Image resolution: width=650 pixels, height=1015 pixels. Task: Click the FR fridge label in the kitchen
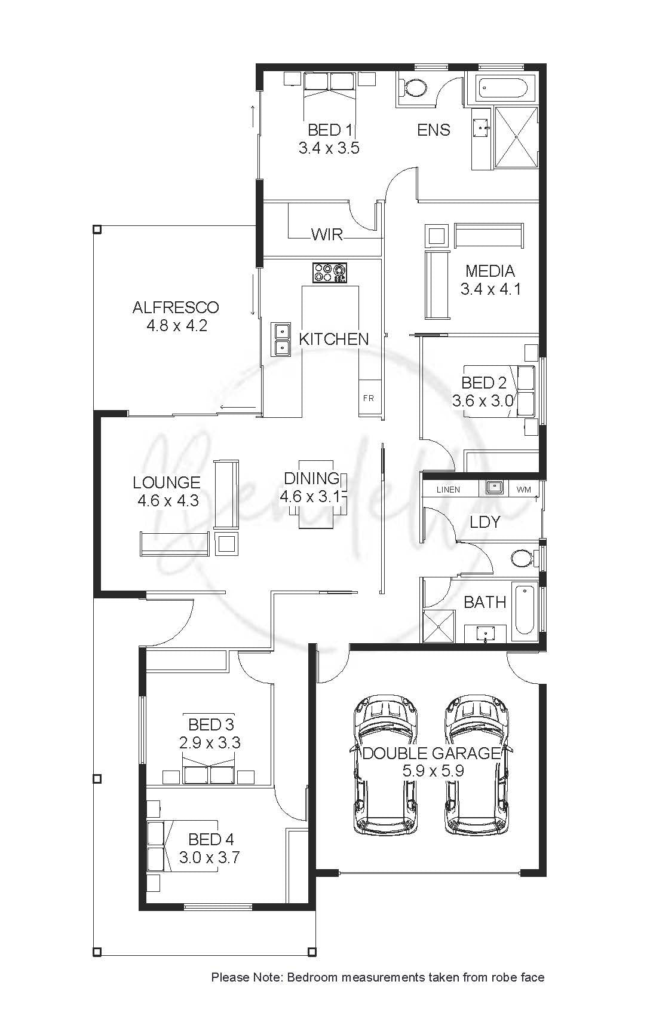[x=368, y=398]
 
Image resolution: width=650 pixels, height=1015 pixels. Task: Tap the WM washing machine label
[x=523, y=490]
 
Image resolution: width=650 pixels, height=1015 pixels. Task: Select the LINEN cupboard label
[x=448, y=490]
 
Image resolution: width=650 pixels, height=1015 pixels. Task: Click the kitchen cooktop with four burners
[x=330, y=273]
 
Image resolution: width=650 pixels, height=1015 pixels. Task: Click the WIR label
[x=327, y=235]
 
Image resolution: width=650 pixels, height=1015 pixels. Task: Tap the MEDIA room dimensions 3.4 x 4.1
[x=490, y=289]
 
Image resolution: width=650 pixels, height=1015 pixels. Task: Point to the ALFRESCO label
[x=176, y=307]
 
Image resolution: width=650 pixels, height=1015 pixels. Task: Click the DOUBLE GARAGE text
[x=432, y=753]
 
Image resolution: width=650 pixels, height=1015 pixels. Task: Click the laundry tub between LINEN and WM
[x=495, y=488]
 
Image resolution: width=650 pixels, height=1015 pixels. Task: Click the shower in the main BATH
[x=439, y=626]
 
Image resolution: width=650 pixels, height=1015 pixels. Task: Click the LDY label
[x=485, y=522]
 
